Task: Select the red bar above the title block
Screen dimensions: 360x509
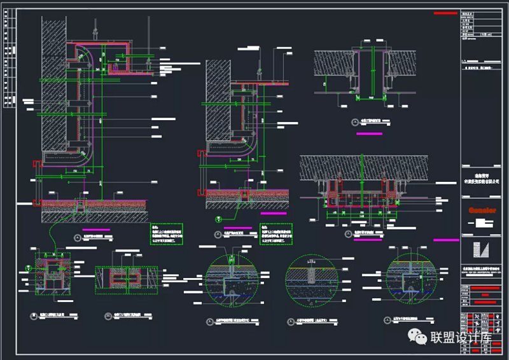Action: (446, 12)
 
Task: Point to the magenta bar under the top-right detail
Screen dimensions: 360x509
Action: (370, 134)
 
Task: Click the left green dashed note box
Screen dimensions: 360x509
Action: (167, 235)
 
